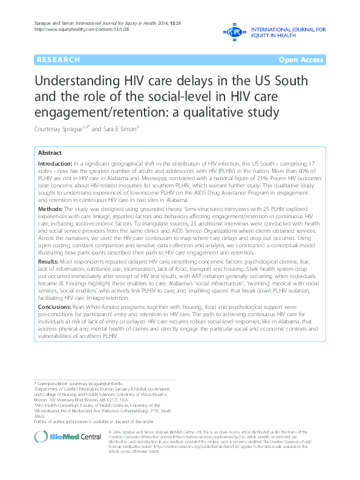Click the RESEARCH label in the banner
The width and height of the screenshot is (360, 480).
(58, 60)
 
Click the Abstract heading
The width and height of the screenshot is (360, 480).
(50, 153)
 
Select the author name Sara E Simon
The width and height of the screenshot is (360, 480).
(123, 129)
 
